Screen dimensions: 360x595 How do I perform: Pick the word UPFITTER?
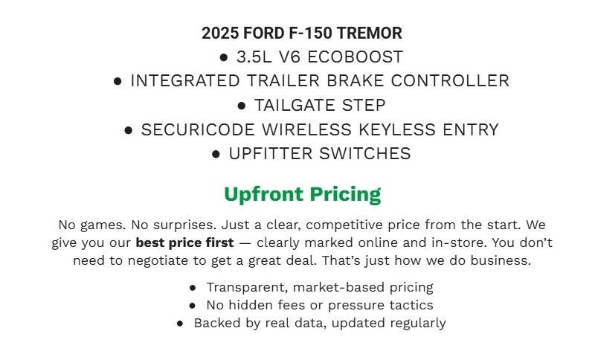click(271, 153)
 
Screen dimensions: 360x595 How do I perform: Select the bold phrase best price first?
click(184, 242)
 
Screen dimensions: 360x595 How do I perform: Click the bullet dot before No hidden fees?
click(193, 305)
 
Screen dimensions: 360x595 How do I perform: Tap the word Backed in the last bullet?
click(216, 323)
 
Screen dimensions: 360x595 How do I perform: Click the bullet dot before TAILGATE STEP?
click(242, 106)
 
